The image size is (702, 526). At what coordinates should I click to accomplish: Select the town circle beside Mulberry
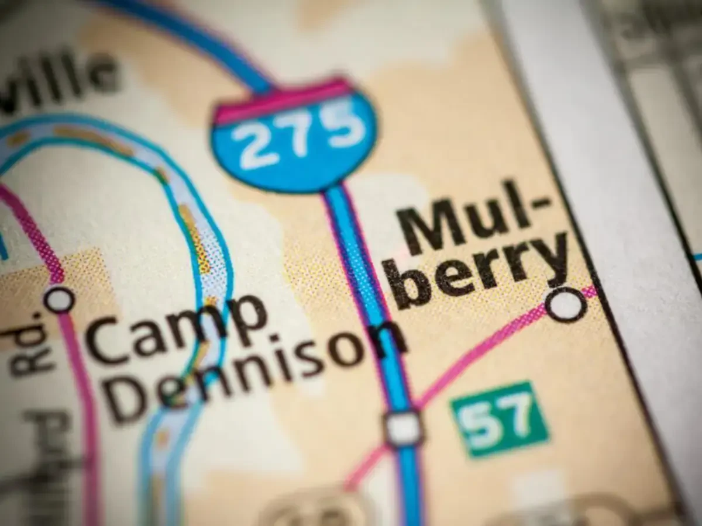566,304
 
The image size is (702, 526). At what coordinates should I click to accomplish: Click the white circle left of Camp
60,299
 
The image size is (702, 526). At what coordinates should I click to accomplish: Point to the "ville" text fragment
58,79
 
